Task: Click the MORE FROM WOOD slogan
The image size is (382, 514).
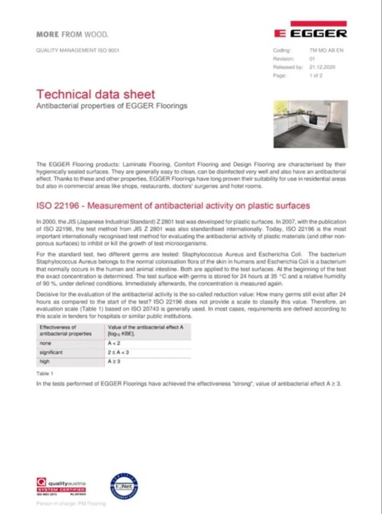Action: coord(72,34)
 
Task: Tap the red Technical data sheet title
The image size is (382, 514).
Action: coord(95,94)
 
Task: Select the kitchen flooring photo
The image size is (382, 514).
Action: coord(310,124)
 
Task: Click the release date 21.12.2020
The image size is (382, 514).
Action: coord(322,67)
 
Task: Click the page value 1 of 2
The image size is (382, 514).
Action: coord(316,76)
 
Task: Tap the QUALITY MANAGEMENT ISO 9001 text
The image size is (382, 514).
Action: coord(77,50)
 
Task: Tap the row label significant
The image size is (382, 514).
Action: coord(52,352)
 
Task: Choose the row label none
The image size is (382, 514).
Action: coord(45,343)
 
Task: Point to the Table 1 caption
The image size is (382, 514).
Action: coord(45,373)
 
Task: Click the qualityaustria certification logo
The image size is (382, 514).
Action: coord(61,485)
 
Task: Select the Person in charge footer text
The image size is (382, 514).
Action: coord(71,504)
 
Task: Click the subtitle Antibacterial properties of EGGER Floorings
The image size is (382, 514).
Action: coord(111,105)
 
